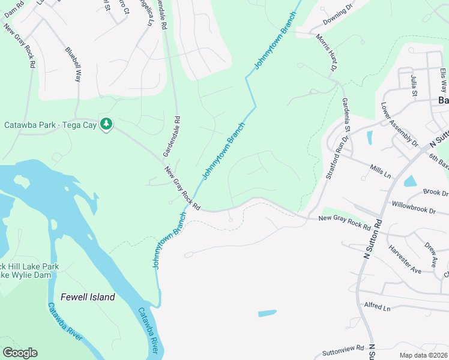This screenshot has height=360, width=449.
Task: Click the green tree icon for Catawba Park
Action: click(x=106, y=124)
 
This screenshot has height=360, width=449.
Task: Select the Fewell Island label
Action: click(x=88, y=297)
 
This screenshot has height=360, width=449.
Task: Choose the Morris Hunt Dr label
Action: click(x=327, y=54)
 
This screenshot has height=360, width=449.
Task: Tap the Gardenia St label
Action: click(x=346, y=116)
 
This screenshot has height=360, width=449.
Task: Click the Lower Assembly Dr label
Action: click(x=399, y=125)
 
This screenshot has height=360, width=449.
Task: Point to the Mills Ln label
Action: click(x=381, y=172)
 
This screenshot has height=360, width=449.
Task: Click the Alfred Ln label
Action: click(x=377, y=307)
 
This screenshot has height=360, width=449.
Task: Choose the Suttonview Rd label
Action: click(x=343, y=348)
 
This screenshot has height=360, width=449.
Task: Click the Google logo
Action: click(x=20, y=353)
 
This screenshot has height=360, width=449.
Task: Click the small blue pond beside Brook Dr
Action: click(x=411, y=181)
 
